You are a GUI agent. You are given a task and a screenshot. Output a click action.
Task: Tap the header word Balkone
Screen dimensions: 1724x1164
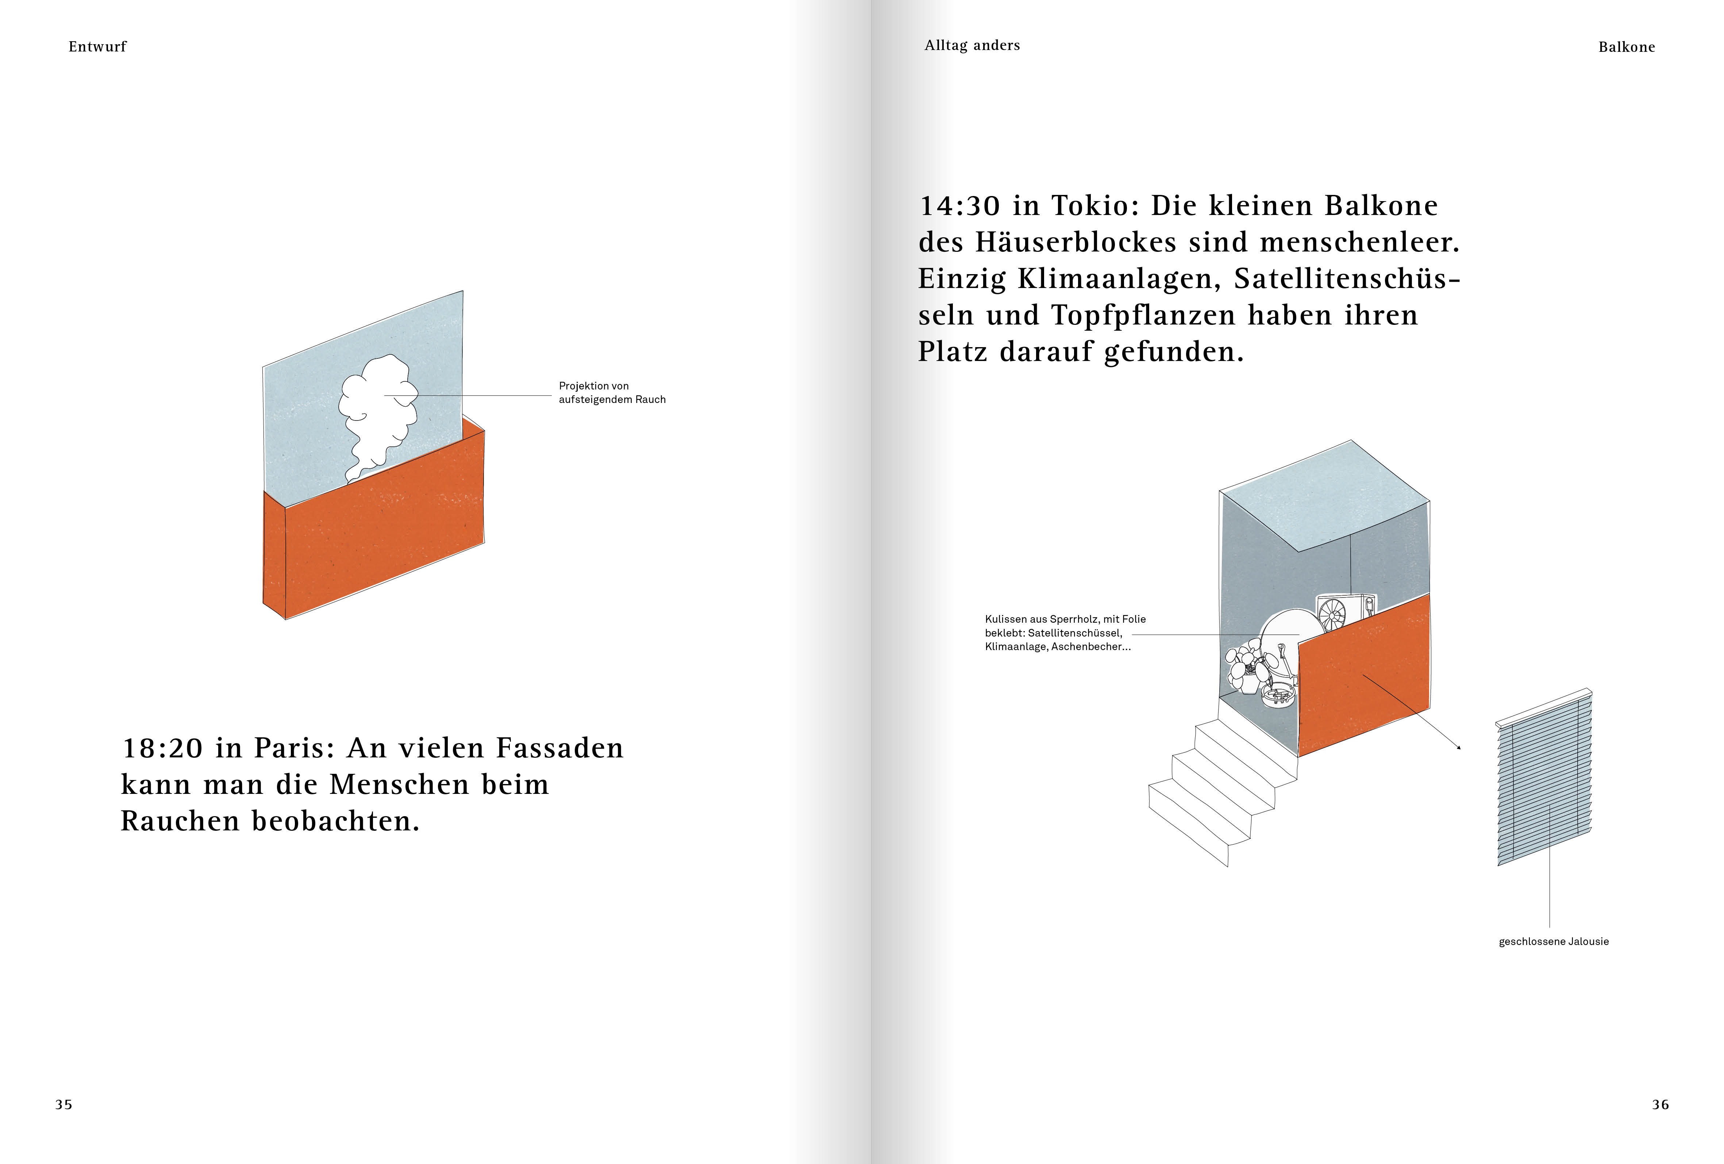1627,47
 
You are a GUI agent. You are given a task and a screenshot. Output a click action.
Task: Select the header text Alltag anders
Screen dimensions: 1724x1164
972,45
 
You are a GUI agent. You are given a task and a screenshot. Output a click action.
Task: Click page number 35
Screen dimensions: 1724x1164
64,1105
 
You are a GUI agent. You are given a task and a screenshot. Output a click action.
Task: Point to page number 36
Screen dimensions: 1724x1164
1660,1105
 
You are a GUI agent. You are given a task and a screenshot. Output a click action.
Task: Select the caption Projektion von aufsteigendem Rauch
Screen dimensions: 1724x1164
612,392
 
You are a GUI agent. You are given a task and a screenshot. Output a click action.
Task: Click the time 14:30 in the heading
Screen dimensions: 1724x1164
960,205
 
